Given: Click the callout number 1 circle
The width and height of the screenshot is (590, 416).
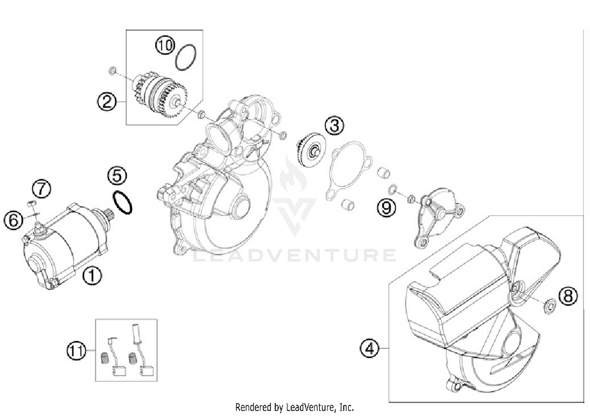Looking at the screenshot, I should point(92,276).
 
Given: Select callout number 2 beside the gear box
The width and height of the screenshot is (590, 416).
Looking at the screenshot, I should point(107,102).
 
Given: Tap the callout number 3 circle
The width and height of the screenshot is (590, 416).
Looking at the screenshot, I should point(334,126).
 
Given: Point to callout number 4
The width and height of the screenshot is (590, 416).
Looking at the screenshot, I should point(369,348).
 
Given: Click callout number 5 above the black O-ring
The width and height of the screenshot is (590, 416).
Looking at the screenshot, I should point(117,176).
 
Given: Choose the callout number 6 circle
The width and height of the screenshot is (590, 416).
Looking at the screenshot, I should point(13,220).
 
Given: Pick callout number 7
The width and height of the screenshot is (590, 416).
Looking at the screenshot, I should point(41,189).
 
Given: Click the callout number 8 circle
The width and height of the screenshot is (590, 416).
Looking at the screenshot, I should point(568,296).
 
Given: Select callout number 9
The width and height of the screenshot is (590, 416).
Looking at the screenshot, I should point(386,207).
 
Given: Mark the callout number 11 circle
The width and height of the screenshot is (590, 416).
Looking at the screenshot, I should point(76,350).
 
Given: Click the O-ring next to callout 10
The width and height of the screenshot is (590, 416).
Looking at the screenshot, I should point(186,57).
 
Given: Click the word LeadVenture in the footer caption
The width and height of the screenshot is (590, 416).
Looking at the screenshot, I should point(312,407).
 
